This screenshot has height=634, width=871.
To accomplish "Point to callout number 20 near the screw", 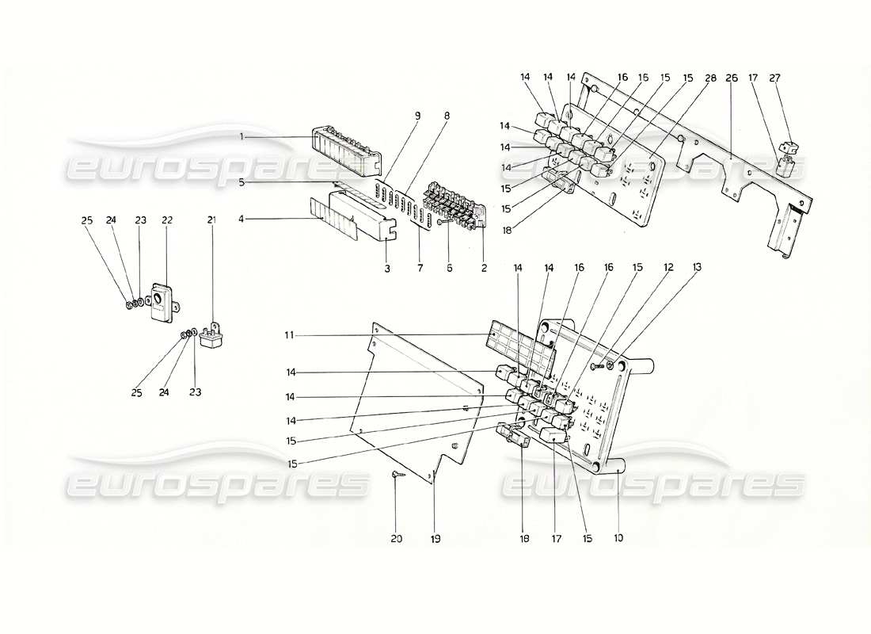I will [396, 539].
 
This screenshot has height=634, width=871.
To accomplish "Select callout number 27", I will [775, 78].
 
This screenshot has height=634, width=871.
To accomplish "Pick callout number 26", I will [731, 78].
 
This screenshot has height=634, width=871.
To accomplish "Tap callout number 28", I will [710, 78].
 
